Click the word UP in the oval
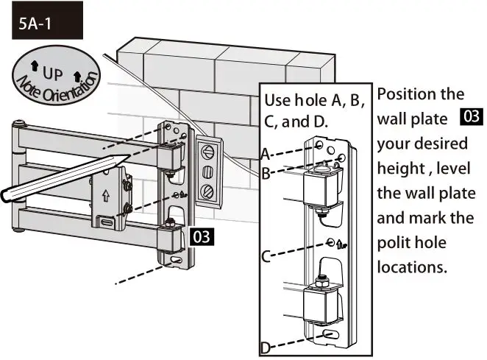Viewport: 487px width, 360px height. click(52, 74)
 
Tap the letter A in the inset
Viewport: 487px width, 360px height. click(266, 154)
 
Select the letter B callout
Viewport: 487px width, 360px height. click(266, 174)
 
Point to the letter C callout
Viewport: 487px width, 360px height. click(266, 257)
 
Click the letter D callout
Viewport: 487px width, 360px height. click(266, 347)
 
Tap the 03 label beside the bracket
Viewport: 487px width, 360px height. click(201, 237)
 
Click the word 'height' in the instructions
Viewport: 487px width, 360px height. click(401, 169)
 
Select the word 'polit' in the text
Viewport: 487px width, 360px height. click(394, 243)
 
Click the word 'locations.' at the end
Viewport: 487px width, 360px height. click(411, 267)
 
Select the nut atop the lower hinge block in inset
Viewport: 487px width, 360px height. click(321, 281)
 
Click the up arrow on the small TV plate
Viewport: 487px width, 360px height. click(106, 197)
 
